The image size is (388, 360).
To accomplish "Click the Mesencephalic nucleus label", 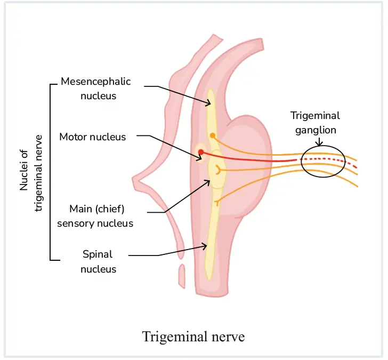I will point(95,89).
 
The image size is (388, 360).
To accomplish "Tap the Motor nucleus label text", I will point(93,137).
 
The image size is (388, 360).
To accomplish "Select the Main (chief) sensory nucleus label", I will point(95,215).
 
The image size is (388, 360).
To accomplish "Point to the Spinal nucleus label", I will point(98,261).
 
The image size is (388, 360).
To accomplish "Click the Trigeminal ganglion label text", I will point(315,123).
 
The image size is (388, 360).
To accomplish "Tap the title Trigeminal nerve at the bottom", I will point(193,337).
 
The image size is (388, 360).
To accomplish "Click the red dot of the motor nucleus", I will point(201,153).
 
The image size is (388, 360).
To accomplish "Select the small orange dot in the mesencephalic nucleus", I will point(213,135).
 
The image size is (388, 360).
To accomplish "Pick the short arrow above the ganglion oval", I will point(319,141).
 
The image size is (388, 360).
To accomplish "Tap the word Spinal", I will point(98,254).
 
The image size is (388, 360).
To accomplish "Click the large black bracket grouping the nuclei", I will point(51,172).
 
